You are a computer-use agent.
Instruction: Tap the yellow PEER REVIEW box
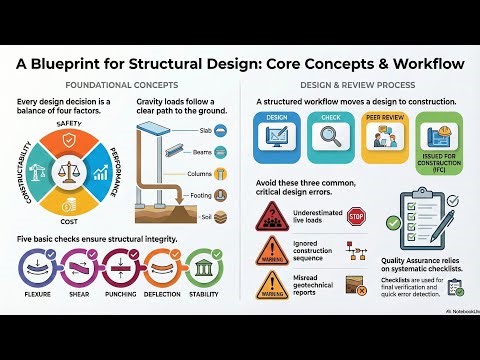(384, 138)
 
